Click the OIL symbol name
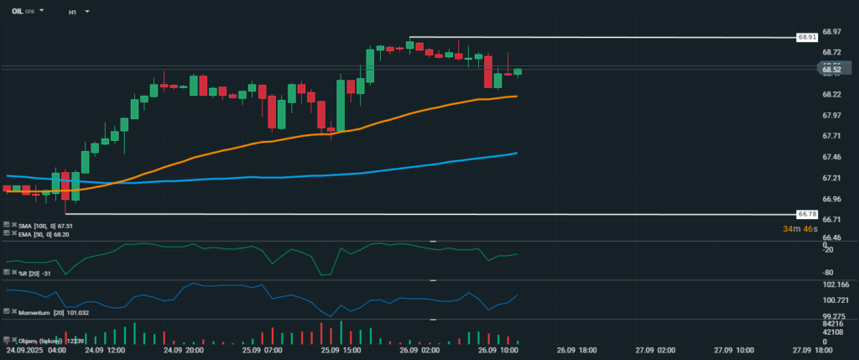pyautogui.click(x=17, y=12)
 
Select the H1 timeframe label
pyautogui.click(x=73, y=13)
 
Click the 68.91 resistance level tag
pyautogui.click(x=807, y=38)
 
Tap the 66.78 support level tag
pyautogui.click(x=807, y=215)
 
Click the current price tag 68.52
pyautogui.click(x=831, y=70)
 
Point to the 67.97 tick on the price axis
pyautogui.click(x=831, y=115)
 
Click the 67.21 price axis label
pyautogui.click(x=831, y=178)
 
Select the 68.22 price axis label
pyautogui.click(x=831, y=94)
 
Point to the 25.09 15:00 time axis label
pyautogui.click(x=340, y=351)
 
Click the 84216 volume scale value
pyautogui.click(x=833, y=323)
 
